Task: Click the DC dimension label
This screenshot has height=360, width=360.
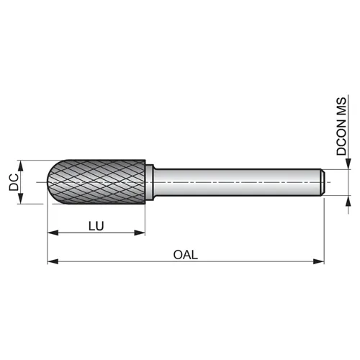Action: pyautogui.click(x=14, y=182)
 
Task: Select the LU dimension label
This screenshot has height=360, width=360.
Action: pyautogui.click(x=96, y=226)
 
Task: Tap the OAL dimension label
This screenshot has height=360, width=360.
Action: pyautogui.click(x=186, y=255)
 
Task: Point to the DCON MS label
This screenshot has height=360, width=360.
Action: pyautogui.click(x=341, y=126)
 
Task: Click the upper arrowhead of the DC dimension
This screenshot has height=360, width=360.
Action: pyautogui.click(x=21, y=166)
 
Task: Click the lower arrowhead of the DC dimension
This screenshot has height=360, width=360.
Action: pyautogui.click(x=21, y=199)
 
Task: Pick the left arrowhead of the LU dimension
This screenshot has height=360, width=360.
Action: pyautogui.click(x=53, y=233)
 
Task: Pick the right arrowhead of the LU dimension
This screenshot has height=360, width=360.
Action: pyautogui.click(x=140, y=233)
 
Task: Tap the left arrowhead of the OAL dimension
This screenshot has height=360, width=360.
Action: pyautogui.click(x=53, y=261)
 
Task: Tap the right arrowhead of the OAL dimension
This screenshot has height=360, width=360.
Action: pyautogui.click(x=319, y=261)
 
